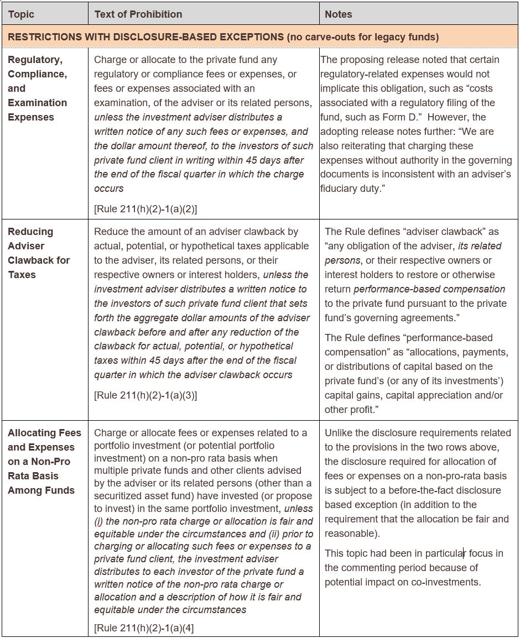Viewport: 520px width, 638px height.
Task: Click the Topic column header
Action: pyautogui.click(x=21, y=14)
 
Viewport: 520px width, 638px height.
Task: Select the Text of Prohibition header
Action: pyautogui.click(x=138, y=14)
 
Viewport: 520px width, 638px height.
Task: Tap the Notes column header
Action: pyautogui.click(x=339, y=14)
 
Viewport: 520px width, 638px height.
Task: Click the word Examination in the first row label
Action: pyautogui.click(x=37, y=103)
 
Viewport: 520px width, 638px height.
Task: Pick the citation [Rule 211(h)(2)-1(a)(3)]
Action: pyautogui.click(x=145, y=395)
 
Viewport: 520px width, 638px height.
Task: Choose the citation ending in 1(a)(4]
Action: pyautogui.click(x=144, y=627)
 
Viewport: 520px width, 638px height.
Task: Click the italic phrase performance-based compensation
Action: pyautogui.click(x=429, y=289)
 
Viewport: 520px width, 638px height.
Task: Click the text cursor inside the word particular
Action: pyautogui.click(x=464, y=553)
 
